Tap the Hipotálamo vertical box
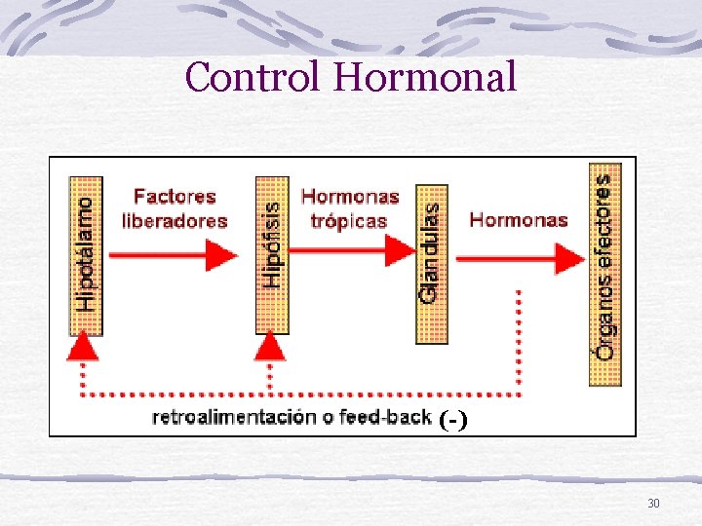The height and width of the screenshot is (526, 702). point(86,255)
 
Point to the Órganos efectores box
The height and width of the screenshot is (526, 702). point(605,273)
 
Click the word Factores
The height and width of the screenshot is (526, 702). point(175,198)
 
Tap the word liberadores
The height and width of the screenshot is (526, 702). point(175,220)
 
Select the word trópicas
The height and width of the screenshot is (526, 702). point(348,220)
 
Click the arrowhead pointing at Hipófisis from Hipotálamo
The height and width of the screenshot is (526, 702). point(225,255)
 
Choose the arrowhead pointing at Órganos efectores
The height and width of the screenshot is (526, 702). point(571,258)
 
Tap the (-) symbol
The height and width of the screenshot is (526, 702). point(453,420)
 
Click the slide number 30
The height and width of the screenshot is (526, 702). point(653,503)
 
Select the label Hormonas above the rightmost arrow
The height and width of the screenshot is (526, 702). point(519,219)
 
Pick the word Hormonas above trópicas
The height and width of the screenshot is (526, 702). point(350,197)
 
